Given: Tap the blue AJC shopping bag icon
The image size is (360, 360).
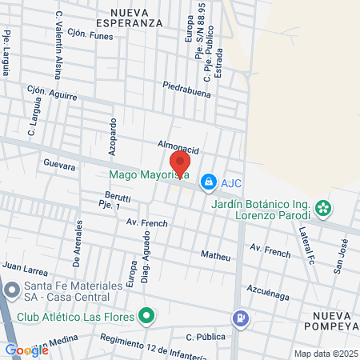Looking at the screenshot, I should (x=208, y=182).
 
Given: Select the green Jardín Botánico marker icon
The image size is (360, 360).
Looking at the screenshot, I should (x=323, y=209).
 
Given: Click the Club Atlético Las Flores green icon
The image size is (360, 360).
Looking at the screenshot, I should (x=146, y=315).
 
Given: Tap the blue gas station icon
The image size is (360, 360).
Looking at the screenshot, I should (x=239, y=318).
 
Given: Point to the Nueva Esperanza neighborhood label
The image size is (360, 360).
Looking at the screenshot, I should (x=142, y=18).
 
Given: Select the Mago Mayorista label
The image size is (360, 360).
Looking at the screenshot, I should (x=149, y=174).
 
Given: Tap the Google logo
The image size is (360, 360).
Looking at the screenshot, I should (x=26, y=350).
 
